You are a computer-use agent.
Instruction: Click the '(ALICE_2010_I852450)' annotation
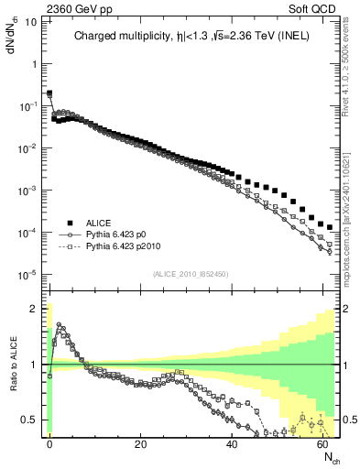tap(190, 274)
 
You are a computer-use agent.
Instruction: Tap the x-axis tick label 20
tap(140, 442)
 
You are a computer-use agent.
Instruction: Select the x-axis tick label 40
tap(231, 442)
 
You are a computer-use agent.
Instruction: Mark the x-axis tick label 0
tap(49, 442)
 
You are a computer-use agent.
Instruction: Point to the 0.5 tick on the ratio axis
tap(31, 420)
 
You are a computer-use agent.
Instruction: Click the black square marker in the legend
tap(70, 223)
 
